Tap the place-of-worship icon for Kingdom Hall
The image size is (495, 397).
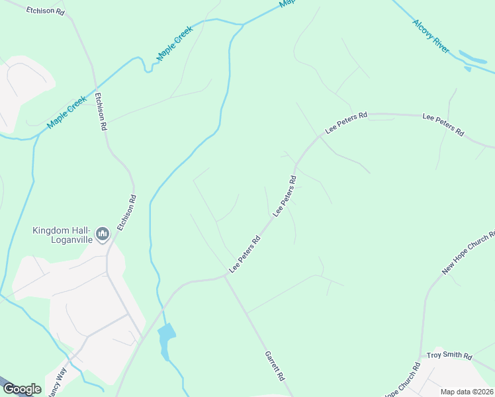coord(103,234)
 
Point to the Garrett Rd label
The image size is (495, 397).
coord(275,365)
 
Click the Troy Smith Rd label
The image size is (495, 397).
coord(449,356)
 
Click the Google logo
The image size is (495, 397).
coord(22,389)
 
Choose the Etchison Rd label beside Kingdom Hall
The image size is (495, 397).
coord(126,212)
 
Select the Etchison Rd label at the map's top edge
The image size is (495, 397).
coord(46,11)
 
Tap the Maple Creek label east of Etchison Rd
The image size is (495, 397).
coord(175,44)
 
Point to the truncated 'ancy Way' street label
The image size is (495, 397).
coord(57,382)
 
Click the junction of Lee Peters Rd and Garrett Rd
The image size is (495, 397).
coord(225,277)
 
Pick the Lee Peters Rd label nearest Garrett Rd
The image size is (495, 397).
coord(245,253)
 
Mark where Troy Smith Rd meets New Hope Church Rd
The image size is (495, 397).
coord(421,356)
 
